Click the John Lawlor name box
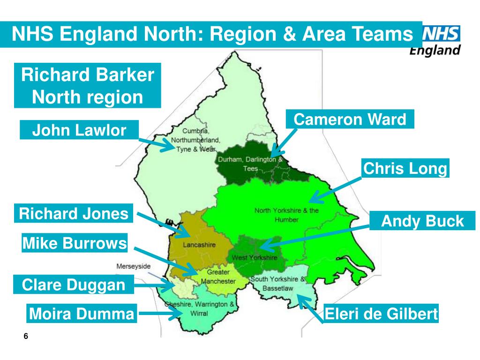[x=79, y=130]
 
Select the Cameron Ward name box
[x=350, y=120]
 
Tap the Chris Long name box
[x=405, y=169]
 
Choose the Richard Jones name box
[x=74, y=214]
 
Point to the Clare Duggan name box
[x=74, y=285]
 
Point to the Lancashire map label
[x=187, y=245]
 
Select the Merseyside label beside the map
[x=134, y=266]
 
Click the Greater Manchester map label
[x=218, y=277]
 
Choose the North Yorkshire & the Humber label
[x=286, y=215]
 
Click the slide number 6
[x=26, y=337]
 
